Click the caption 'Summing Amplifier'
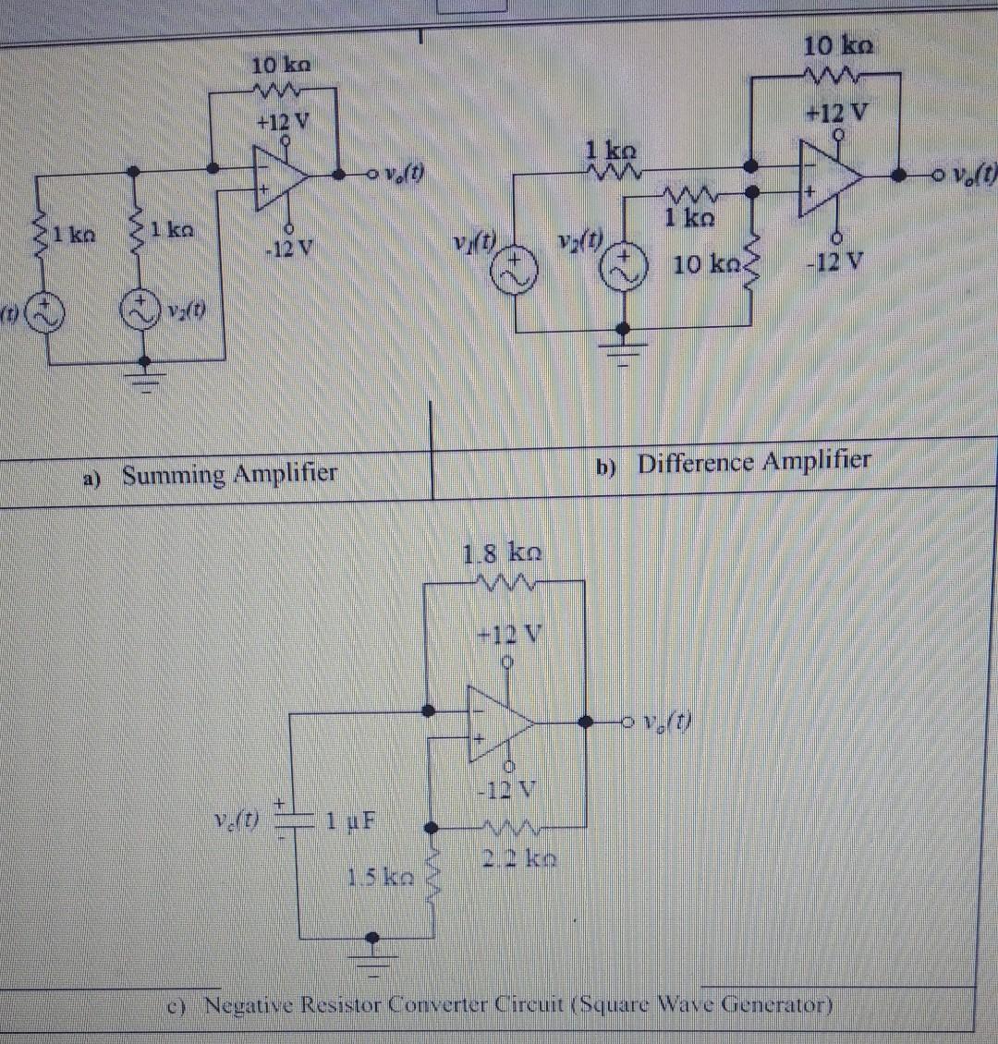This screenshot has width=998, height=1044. point(229,475)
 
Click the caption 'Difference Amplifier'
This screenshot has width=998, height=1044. point(753,461)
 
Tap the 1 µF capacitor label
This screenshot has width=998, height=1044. point(345,819)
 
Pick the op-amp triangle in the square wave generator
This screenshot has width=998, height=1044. point(499,720)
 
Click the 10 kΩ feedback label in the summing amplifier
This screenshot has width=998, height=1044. point(280,67)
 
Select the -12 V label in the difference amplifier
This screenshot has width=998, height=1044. point(834,261)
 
